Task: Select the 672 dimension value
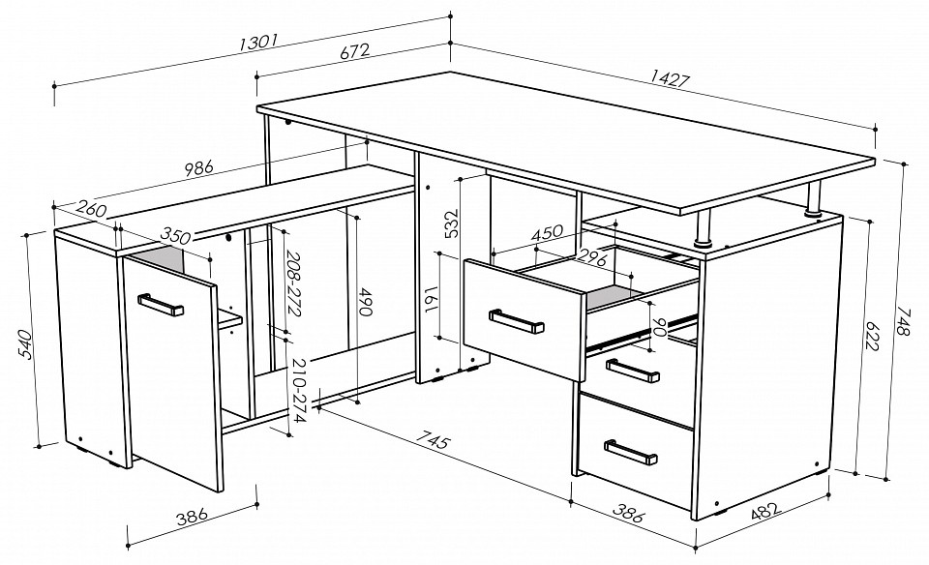click(355, 51)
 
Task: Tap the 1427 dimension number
click(670, 78)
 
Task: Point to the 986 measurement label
click(198, 168)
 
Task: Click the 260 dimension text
click(92, 208)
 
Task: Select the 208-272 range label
click(294, 283)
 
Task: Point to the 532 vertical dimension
click(452, 223)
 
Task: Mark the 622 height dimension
click(872, 337)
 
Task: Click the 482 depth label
click(766, 512)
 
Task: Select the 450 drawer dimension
click(547, 232)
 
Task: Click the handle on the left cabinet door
click(161, 305)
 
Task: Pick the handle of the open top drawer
click(516, 321)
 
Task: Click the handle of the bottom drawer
click(630, 451)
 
